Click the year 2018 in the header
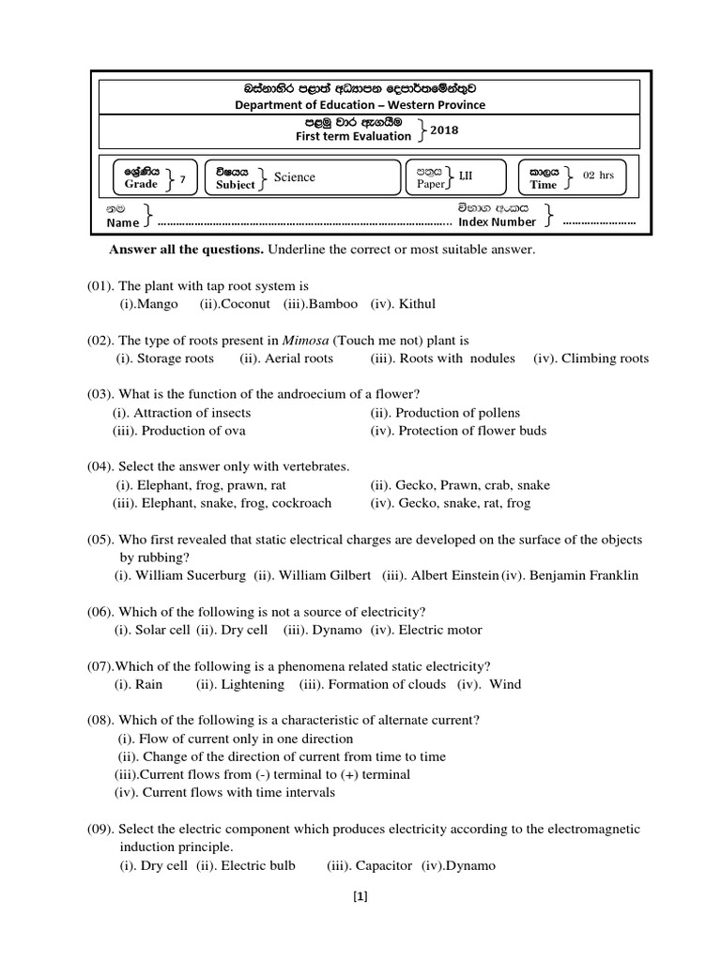point(444,130)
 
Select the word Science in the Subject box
point(294,176)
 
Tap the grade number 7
point(182,178)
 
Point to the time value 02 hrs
point(599,175)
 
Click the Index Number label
point(497,222)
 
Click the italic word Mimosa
point(303,340)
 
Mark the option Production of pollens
point(457,413)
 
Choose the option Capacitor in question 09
point(382,865)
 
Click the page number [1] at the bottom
point(360,896)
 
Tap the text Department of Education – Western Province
point(360,105)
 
